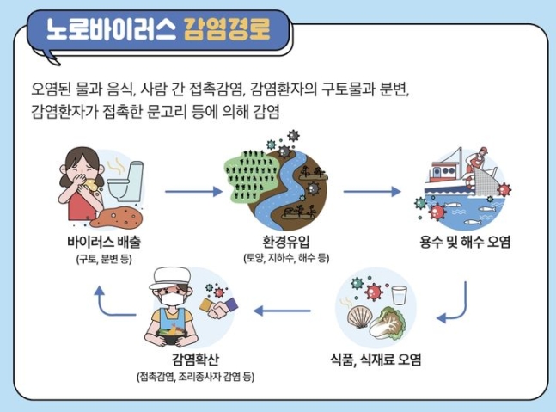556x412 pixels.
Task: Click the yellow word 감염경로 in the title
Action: (x=227, y=28)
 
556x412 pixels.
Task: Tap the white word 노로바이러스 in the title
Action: (x=111, y=28)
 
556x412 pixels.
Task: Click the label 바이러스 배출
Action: (x=104, y=242)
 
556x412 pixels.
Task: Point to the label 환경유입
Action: (x=286, y=242)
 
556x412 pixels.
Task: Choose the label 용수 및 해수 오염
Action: (x=465, y=242)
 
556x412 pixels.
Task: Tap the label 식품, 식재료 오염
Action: (x=376, y=360)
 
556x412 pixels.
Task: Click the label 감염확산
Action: (x=195, y=360)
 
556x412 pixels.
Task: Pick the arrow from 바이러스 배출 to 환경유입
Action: (x=193, y=192)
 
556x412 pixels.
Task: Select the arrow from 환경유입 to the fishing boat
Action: (x=372, y=192)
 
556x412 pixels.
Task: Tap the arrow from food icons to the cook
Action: (x=282, y=311)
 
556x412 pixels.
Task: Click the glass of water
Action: (x=400, y=295)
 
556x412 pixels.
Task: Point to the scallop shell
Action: (x=359, y=317)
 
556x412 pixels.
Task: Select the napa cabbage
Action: (x=388, y=323)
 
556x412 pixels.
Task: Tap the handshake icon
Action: (x=218, y=307)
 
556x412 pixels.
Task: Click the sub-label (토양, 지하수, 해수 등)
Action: (x=286, y=258)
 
